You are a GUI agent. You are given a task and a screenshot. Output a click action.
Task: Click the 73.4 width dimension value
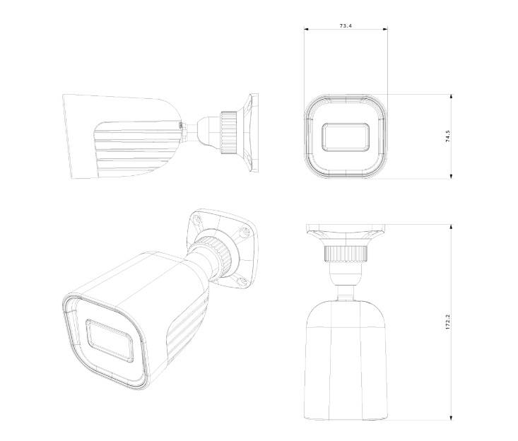(x=346, y=25)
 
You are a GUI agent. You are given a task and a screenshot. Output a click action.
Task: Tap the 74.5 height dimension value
(x=448, y=136)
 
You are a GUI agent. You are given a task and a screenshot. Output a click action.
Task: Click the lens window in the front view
(x=346, y=136)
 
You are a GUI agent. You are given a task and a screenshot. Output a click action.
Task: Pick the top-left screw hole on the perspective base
(x=196, y=220)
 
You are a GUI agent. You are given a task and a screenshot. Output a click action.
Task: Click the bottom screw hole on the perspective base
(x=242, y=282)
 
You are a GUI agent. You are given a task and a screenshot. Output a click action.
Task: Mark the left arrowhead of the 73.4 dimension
(x=306, y=30)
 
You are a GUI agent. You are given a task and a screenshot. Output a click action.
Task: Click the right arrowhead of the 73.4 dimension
(x=386, y=30)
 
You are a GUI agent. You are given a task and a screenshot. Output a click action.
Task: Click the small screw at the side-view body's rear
(x=182, y=127)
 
